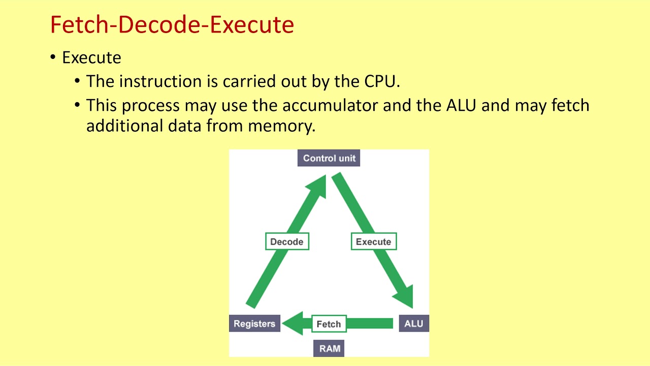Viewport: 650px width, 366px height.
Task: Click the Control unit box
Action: [329, 158]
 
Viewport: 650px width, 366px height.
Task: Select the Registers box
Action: [254, 323]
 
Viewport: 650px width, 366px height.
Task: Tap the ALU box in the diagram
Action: [414, 323]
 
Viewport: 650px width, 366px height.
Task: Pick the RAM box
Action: [329, 348]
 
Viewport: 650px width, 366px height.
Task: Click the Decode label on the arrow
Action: [287, 241]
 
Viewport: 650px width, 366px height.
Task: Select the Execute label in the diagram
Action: [374, 241]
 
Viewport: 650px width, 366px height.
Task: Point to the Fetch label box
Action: [329, 324]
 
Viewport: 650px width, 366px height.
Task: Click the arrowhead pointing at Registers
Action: [292, 323]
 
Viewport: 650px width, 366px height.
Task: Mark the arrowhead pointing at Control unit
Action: [318, 186]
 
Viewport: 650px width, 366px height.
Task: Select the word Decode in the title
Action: [159, 25]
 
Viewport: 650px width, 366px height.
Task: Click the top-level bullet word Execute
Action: [92, 57]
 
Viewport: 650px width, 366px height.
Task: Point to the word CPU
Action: [382, 81]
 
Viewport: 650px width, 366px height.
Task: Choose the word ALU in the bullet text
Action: [461, 105]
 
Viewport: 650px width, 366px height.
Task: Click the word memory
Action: [281, 127]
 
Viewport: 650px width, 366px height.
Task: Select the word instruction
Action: [160, 81]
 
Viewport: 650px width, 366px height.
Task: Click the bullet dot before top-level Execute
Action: [53, 57]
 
